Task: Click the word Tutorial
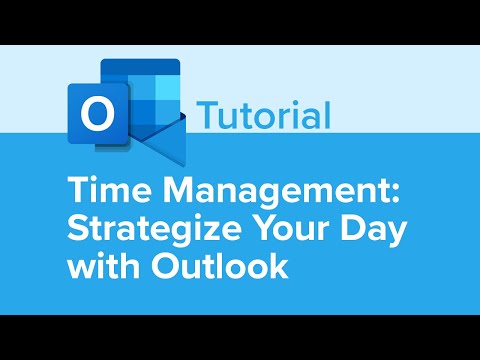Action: [x=265, y=115]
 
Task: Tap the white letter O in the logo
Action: [x=97, y=114]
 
